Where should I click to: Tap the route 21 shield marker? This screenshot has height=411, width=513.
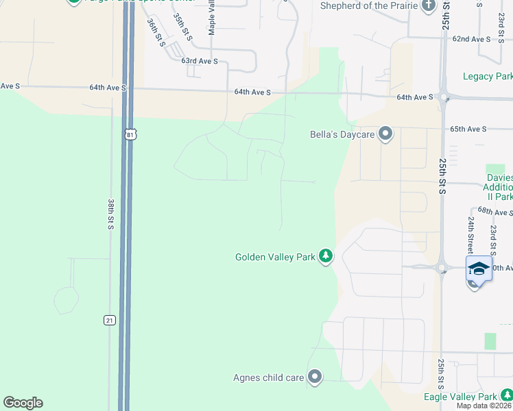tap(110, 321)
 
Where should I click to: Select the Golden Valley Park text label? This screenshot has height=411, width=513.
tap(275, 257)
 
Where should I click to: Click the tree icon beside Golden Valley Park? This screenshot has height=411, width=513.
tap(326, 257)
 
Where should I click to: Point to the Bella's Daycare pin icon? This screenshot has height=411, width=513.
tap(385, 134)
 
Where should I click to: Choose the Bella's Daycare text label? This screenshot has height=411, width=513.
tap(342, 134)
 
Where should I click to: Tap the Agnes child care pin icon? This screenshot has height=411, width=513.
tap(315, 377)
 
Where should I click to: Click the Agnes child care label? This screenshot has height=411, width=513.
tap(268, 377)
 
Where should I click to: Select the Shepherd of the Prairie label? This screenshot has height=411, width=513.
tap(368, 6)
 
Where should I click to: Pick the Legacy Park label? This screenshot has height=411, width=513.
tap(487, 76)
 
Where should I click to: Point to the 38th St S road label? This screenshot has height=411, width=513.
tap(110, 214)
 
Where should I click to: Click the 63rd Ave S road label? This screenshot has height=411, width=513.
tap(200, 61)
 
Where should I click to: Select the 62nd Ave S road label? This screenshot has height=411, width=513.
tap(471, 39)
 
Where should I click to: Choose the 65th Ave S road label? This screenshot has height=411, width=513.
tap(468, 129)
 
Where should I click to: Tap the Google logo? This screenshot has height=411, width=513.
tap(23, 403)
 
